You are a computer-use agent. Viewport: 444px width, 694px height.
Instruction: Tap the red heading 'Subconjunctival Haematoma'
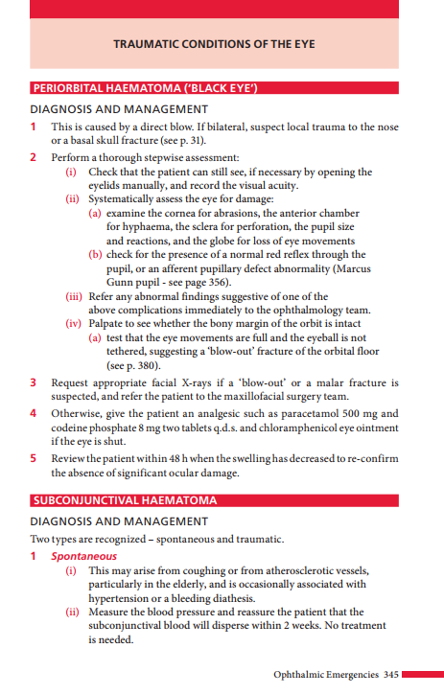coord(125,500)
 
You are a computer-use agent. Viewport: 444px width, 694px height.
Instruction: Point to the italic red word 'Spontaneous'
coord(84,556)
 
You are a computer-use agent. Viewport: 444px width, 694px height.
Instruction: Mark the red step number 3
coord(34,382)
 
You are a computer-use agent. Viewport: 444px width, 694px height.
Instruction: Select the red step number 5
coord(34,458)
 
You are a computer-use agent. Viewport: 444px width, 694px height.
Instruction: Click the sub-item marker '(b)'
coord(96,254)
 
